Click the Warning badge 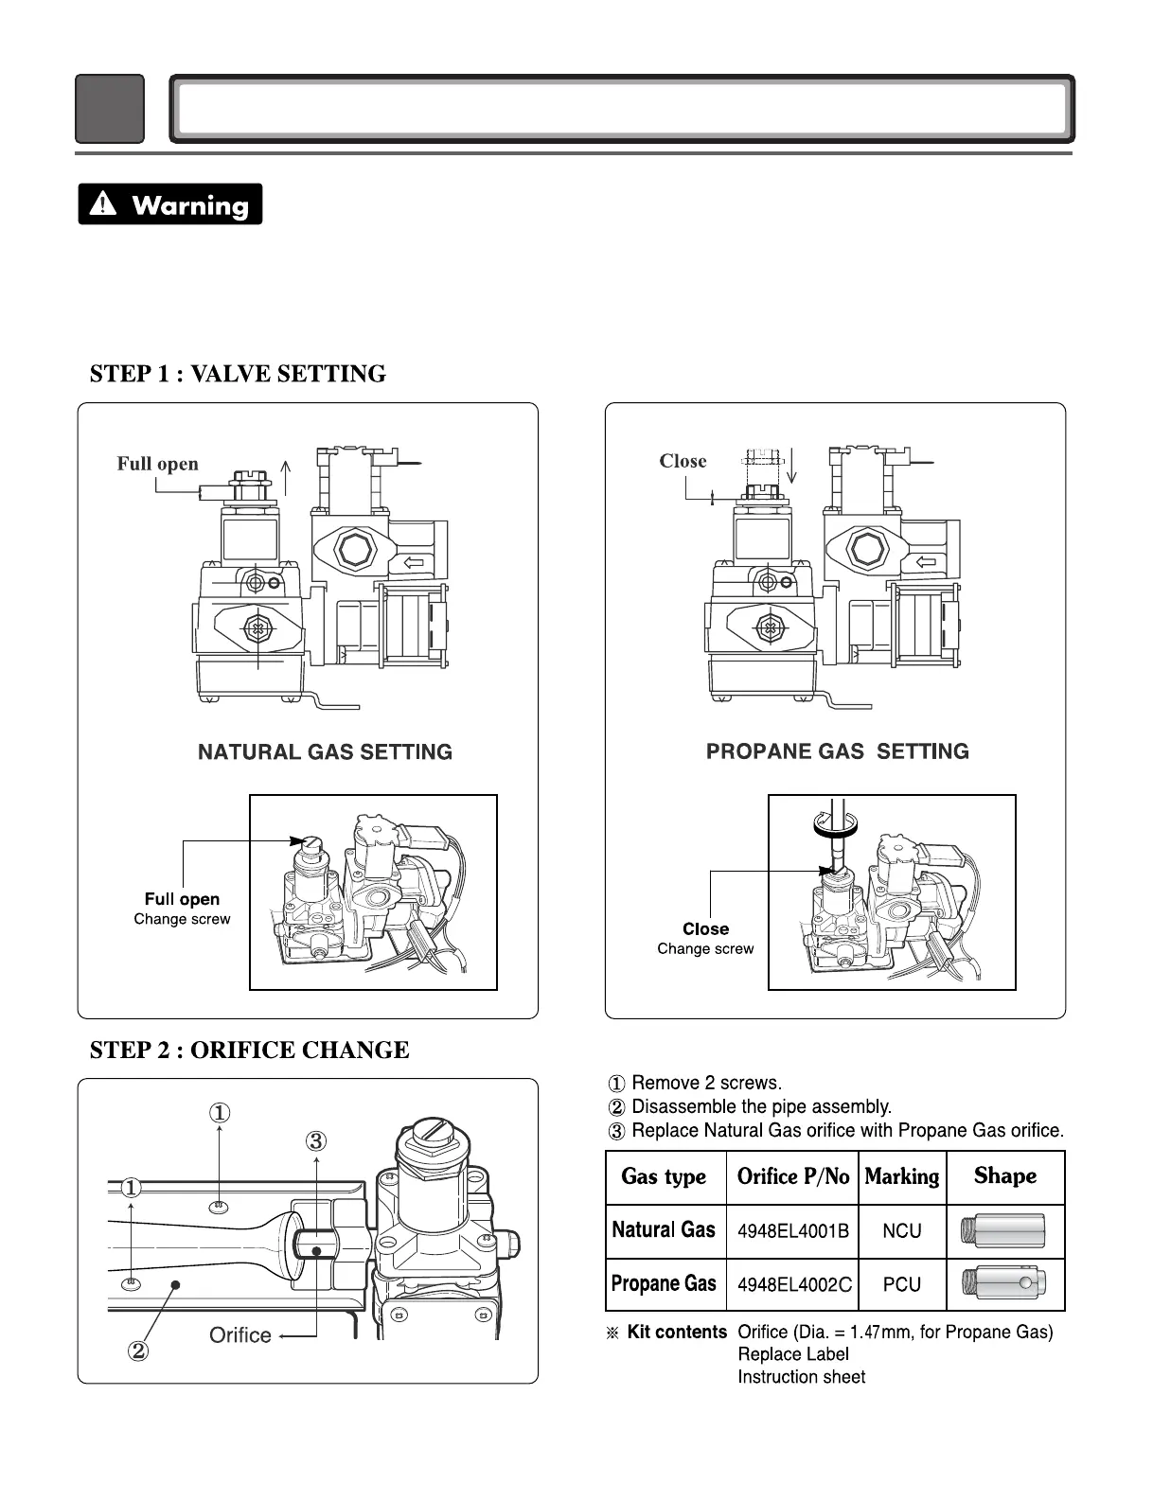coord(170,204)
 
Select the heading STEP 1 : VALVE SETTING coord(238,374)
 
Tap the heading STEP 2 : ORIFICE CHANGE coord(249,1050)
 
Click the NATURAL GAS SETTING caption coord(325,752)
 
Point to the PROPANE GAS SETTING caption coord(838,751)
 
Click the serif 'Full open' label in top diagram coord(157,464)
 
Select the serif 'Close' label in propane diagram coord(683,461)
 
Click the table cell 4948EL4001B coord(792,1231)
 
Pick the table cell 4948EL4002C coord(794,1284)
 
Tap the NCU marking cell coord(901,1231)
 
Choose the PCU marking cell coord(901,1284)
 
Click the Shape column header coord(1004,1175)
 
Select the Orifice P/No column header coord(792,1176)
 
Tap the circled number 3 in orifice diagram coord(316,1141)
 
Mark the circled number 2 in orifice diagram coord(137,1351)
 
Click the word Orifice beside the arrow coord(239,1335)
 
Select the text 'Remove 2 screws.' coord(706,1083)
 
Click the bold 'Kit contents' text coord(677,1332)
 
